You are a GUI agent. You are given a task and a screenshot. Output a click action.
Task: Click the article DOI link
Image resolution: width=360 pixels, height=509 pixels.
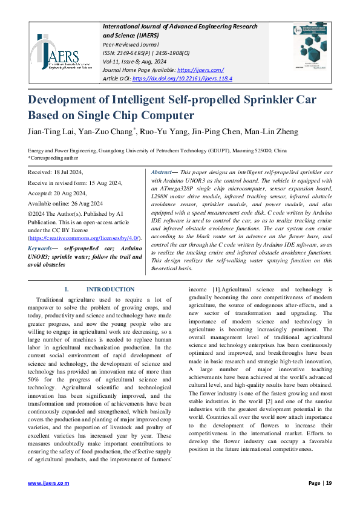(182, 79)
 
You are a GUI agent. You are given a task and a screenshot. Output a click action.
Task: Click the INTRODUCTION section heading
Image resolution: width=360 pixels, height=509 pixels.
(110, 290)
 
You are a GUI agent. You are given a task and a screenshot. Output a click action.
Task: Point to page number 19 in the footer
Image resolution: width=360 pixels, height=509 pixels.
(329, 483)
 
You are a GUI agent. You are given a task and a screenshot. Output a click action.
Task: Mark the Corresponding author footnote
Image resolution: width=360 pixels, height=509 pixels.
(54, 158)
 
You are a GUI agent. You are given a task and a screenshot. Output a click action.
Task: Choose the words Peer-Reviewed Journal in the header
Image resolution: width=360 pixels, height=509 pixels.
(131, 44)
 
